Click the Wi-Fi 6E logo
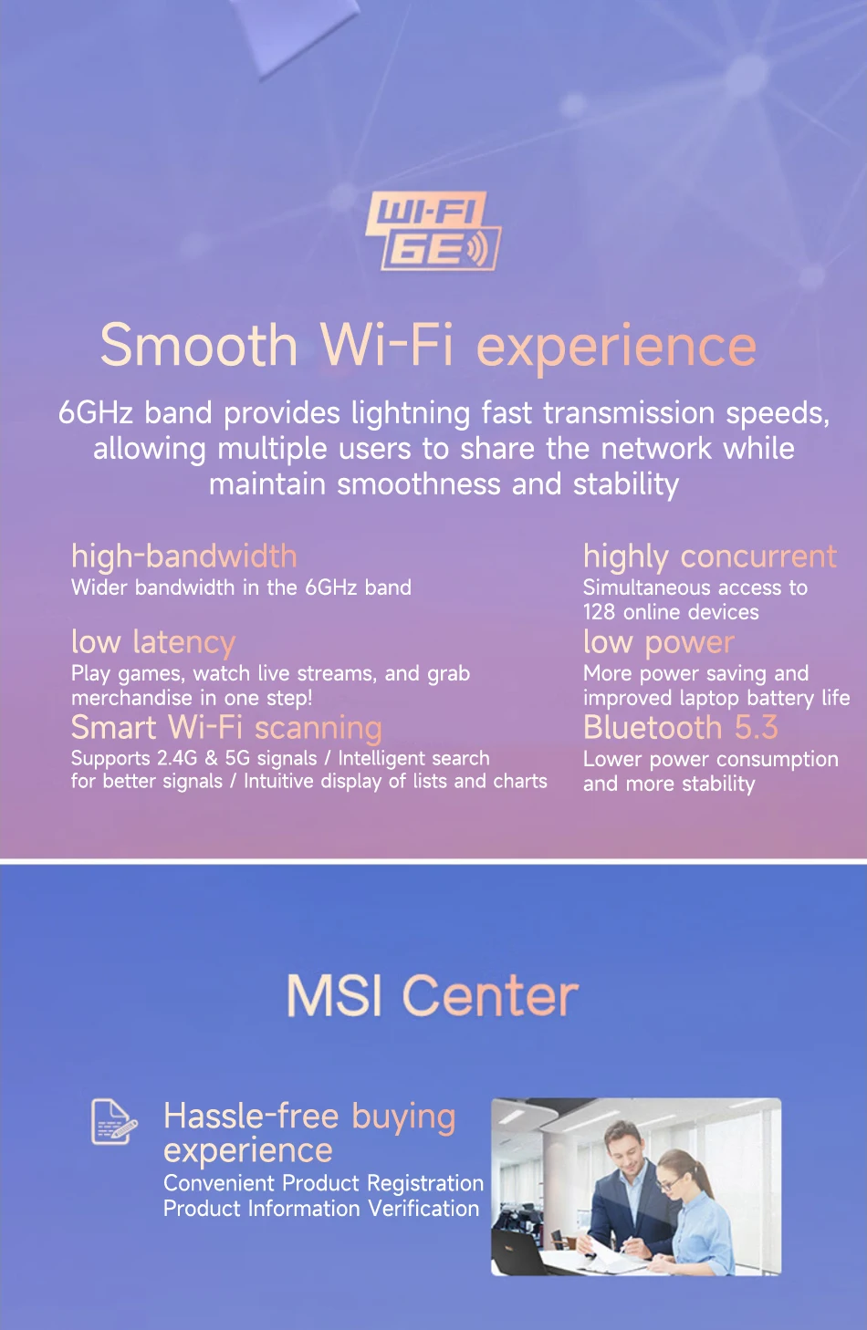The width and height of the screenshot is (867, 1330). click(x=433, y=231)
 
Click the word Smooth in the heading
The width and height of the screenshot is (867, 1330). click(x=198, y=345)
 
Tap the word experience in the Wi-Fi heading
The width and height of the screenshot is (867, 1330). click(x=616, y=348)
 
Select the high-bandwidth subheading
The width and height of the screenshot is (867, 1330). click(x=184, y=556)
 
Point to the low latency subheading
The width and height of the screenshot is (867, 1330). click(x=153, y=642)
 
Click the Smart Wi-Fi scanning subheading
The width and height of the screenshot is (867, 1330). click(x=226, y=728)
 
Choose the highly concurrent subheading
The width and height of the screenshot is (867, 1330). click(x=710, y=557)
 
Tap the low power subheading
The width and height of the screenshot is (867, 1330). click(x=659, y=643)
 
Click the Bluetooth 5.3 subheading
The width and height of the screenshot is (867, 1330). click(x=681, y=727)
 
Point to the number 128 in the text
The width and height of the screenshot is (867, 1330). click(x=599, y=612)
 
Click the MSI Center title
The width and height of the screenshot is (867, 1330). click(x=433, y=996)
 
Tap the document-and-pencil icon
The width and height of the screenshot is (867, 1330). click(x=114, y=1122)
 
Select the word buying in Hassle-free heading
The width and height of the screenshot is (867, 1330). click(x=403, y=1118)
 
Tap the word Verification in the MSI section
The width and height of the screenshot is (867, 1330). click(x=423, y=1209)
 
